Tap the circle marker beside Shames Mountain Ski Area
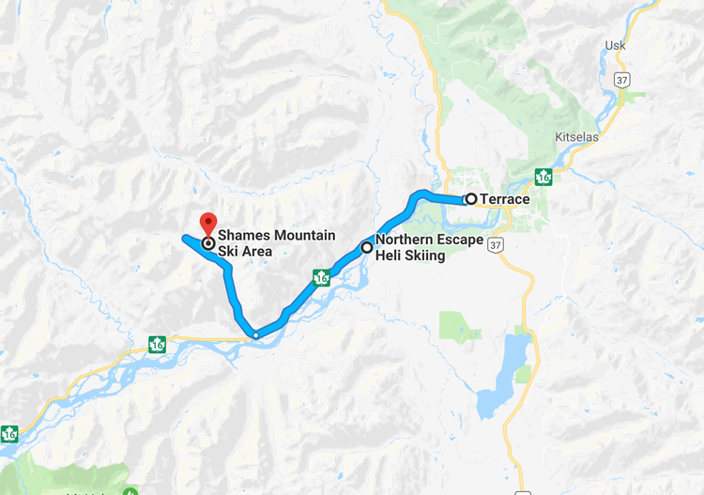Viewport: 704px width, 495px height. (207, 242)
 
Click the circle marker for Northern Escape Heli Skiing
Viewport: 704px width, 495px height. (366, 247)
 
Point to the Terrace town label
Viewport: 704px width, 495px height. (505, 199)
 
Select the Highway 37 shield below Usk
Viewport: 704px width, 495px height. (621, 81)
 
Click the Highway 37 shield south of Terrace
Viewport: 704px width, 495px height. (497, 244)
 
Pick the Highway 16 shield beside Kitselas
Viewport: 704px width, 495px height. (543, 176)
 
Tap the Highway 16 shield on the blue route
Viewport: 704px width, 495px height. (322, 277)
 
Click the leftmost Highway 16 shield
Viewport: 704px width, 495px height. (9, 434)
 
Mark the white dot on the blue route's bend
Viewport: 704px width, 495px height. (255, 333)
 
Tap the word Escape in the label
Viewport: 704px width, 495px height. (460, 240)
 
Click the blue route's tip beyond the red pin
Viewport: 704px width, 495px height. (184, 239)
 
